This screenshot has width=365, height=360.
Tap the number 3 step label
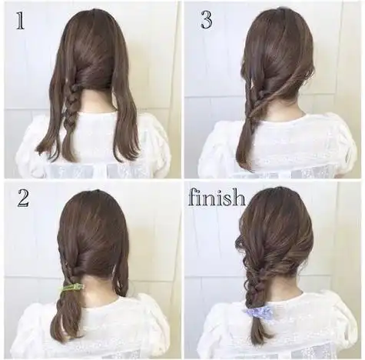point(207,20)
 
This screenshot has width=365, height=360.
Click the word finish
point(217,198)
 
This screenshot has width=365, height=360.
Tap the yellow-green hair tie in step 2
point(73,288)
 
